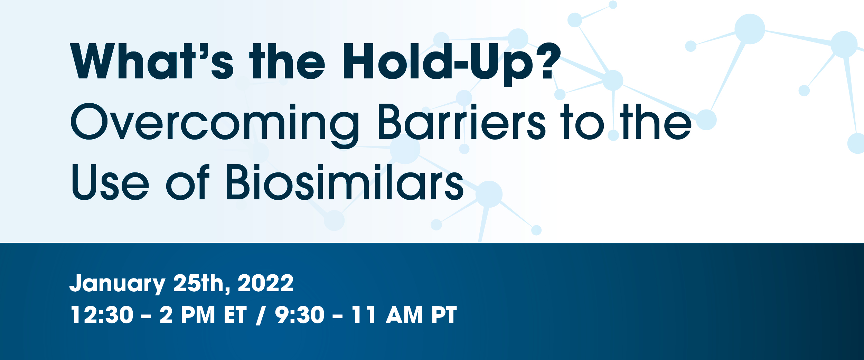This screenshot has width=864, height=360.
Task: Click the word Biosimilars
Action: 345,182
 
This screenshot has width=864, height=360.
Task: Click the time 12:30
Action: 102,315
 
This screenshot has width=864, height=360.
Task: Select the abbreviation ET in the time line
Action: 235,315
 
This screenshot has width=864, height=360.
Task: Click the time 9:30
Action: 300,315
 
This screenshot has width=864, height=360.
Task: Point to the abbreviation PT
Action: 444,315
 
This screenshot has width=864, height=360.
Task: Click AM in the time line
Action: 404,315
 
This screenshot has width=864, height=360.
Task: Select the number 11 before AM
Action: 364,315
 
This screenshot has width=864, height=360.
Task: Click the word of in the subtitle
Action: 188,182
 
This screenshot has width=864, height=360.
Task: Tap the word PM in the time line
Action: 198,315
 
